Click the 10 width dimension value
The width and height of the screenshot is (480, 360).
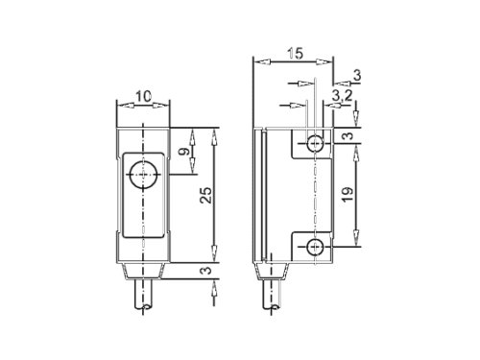143,96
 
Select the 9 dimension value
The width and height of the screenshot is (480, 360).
184,151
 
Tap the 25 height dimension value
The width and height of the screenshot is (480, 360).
206,195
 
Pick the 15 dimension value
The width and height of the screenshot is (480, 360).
295,54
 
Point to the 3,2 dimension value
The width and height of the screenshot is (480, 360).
342,95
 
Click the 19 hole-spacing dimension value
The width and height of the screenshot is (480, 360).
348,194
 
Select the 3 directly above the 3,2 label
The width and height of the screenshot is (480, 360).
357,76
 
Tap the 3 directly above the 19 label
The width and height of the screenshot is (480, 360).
348,135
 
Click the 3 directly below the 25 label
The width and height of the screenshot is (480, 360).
206,271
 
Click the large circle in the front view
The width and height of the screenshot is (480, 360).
143,175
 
